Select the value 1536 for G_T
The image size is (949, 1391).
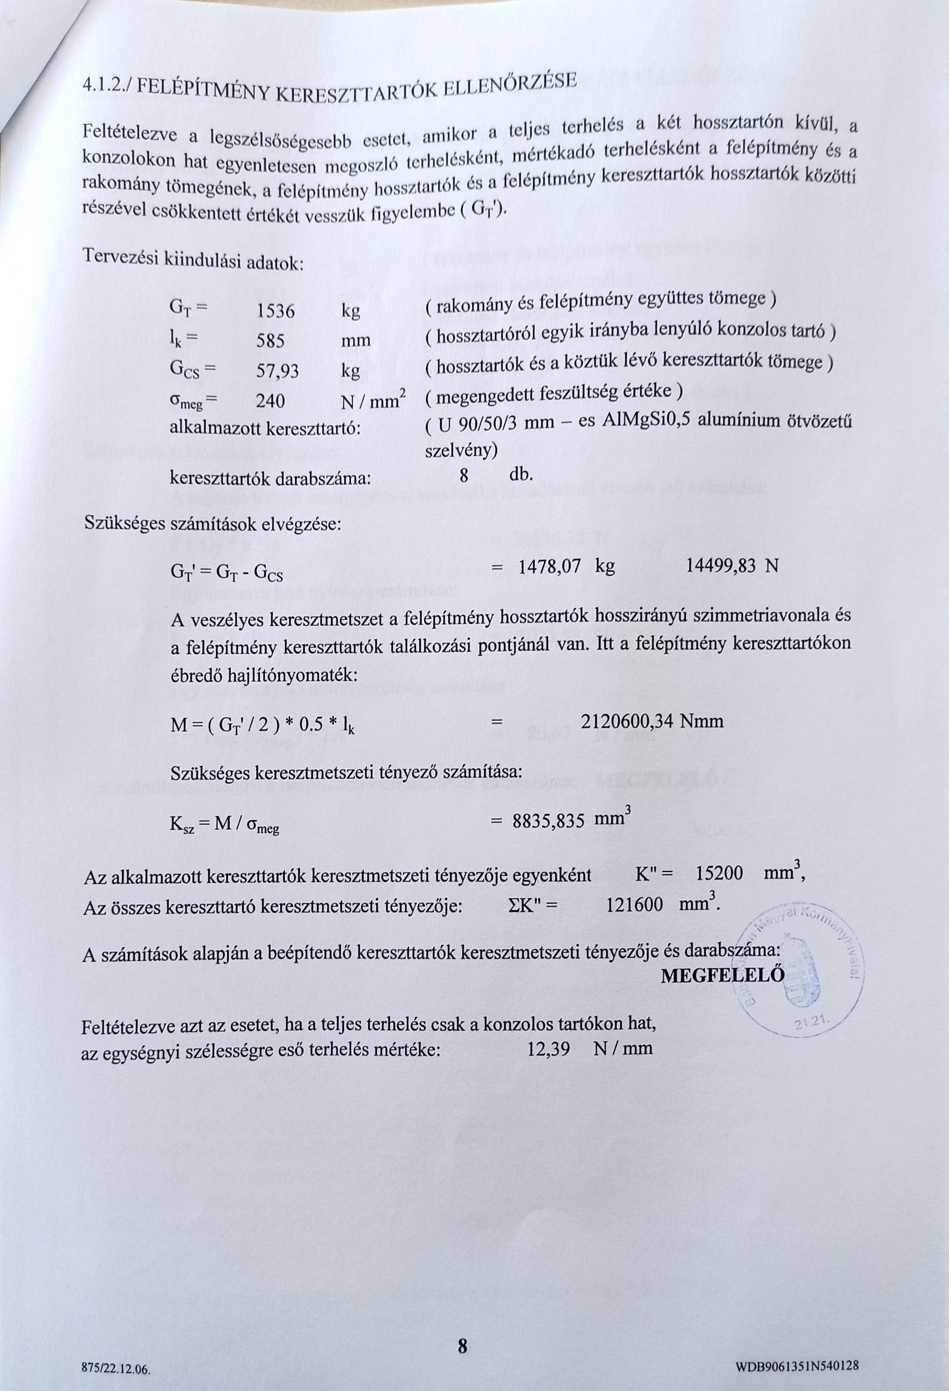(x=275, y=311)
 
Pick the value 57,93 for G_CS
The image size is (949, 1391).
(x=277, y=372)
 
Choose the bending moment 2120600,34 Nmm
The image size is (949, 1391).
(x=652, y=721)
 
